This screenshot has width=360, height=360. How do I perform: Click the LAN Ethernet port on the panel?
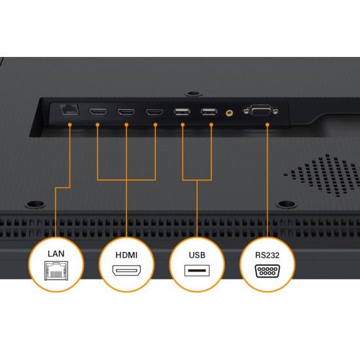pyautogui.click(x=69, y=109)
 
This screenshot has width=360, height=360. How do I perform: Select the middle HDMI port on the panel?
pyautogui.click(x=126, y=112)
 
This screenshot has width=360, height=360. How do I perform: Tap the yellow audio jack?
pyautogui.click(x=229, y=113)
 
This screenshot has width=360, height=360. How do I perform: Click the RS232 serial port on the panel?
pyautogui.click(x=261, y=111)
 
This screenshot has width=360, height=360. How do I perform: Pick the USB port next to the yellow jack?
pyautogui.click(x=209, y=111)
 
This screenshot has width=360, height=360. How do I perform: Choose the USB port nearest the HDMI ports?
pyautogui.click(x=182, y=111)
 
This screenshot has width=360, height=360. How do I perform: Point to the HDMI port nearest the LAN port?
pyautogui.click(x=98, y=112)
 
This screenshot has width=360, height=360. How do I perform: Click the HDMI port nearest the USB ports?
pyautogui.click(x=155, y=113)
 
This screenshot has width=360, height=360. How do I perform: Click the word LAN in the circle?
pyautogui.click(x=56, y=254)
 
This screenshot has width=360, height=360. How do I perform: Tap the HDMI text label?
pyautogui.click(x=126, y=255)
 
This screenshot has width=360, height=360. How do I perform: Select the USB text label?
pyautogui.click(x=197, y=255)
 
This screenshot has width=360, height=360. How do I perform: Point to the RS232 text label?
pyautogui.click(x=267, y=255)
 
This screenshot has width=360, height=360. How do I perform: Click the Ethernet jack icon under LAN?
pyautogui.click(x=56, y=271)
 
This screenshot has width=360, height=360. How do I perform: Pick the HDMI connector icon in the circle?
pyautogui.click(x=126, y=270)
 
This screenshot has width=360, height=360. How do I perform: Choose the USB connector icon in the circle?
pyautogui.click(x=197, y=270)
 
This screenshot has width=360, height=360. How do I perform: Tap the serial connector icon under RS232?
pyautogui.click(x=267, y=271)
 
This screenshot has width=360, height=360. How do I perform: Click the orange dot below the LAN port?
pyautogui.click(x=70, y=124)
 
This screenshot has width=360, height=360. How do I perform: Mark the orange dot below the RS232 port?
pyautogui.click(x=267, y=124)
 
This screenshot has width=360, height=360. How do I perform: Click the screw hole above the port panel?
pyautogui.click(x=193, y=94)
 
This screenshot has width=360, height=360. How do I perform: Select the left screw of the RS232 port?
pyautogui.click(x=246, y=111)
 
